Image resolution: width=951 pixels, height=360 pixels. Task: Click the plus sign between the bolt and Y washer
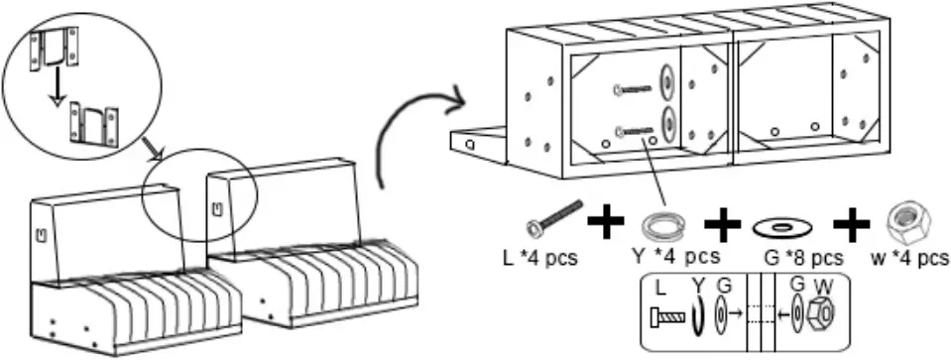(606, 222)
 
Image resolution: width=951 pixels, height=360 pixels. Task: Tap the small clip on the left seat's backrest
(41, 235)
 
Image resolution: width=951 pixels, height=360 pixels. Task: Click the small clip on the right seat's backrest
(216, 209)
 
